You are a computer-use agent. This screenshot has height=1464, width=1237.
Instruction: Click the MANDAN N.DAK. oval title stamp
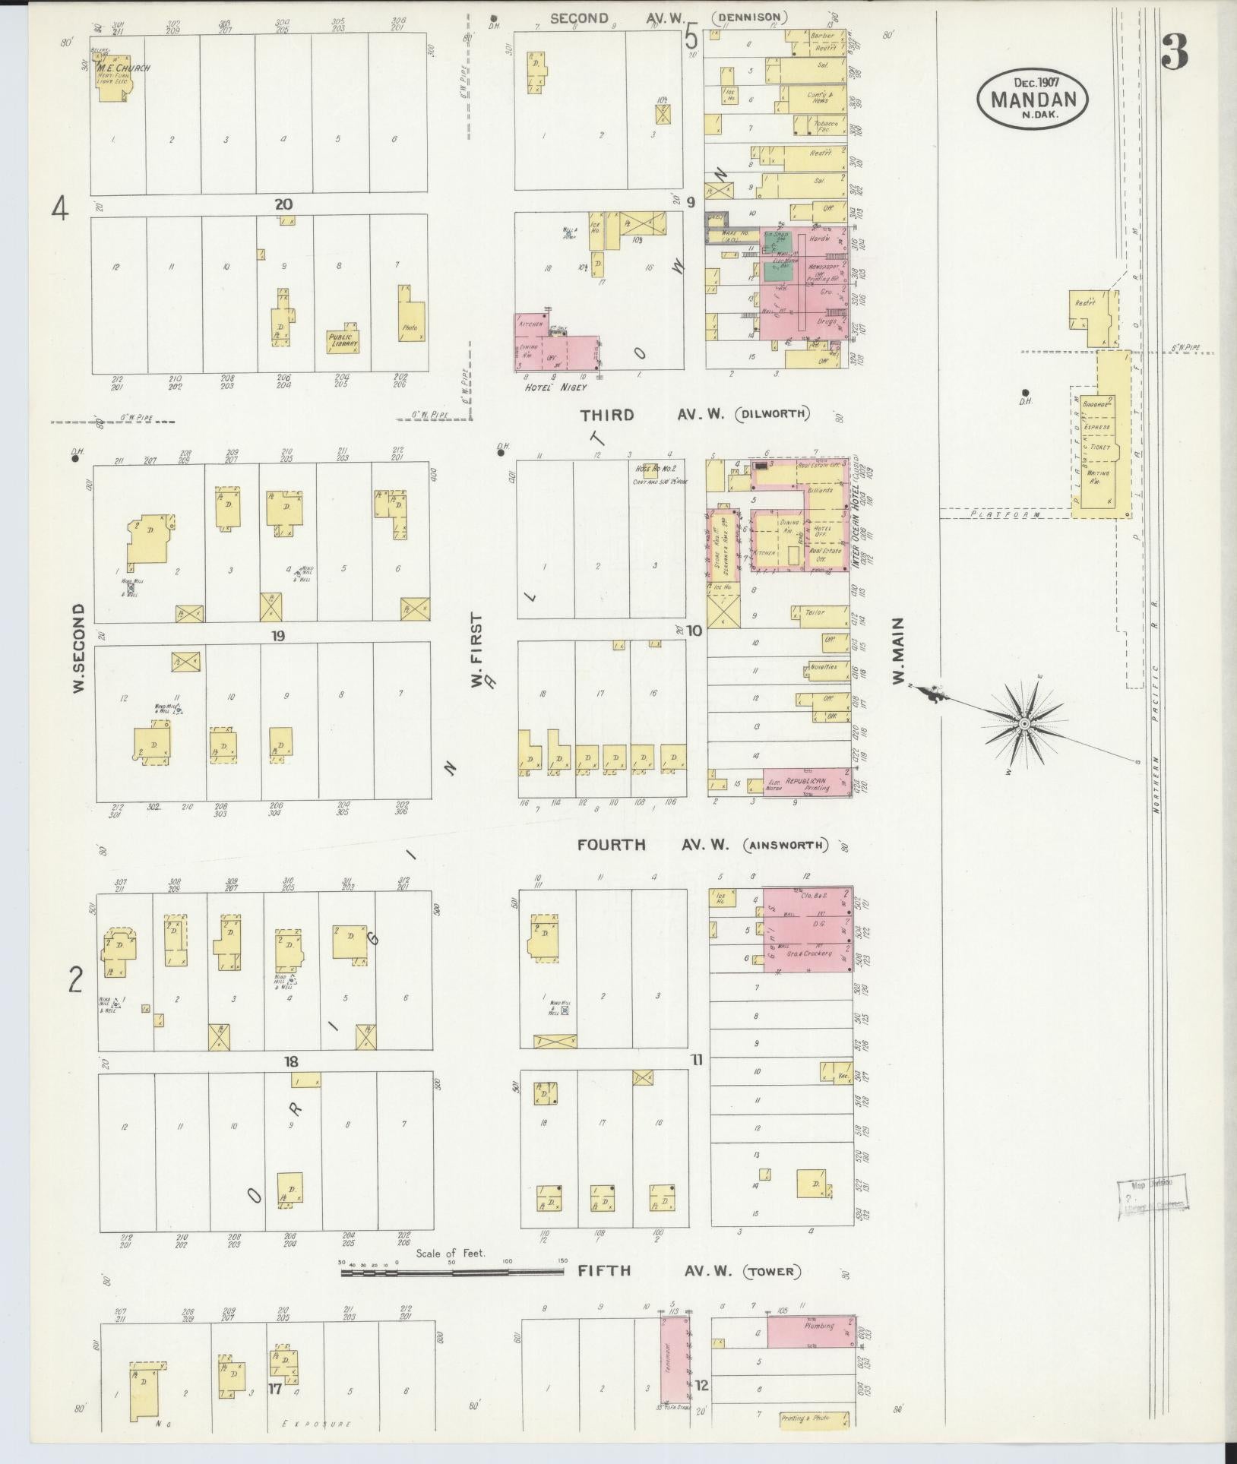1033,99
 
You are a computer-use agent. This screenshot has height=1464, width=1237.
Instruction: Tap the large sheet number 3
1174,53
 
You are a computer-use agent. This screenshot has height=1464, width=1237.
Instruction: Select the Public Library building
343,340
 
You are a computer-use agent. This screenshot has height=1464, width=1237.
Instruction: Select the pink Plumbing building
810,1326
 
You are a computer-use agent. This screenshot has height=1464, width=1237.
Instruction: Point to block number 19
279,635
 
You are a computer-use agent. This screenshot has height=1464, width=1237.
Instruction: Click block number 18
290,1062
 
